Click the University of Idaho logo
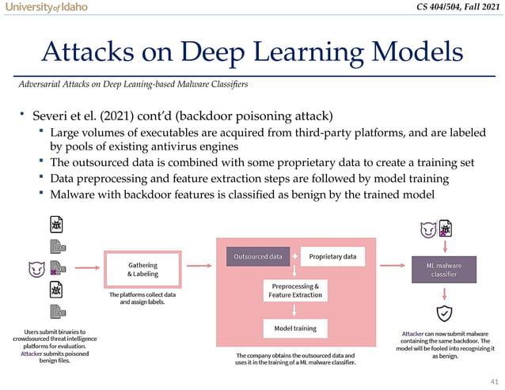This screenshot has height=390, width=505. (45, 7)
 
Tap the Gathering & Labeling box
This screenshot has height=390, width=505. (142, 270)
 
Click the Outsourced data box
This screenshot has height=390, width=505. (257, 257)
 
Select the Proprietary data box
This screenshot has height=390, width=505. (332, 257)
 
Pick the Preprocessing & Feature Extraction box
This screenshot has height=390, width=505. (294, 290)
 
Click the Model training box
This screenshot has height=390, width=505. (294, 328)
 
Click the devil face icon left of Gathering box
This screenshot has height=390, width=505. (36, 270)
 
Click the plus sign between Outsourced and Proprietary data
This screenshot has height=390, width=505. (294, 257)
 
